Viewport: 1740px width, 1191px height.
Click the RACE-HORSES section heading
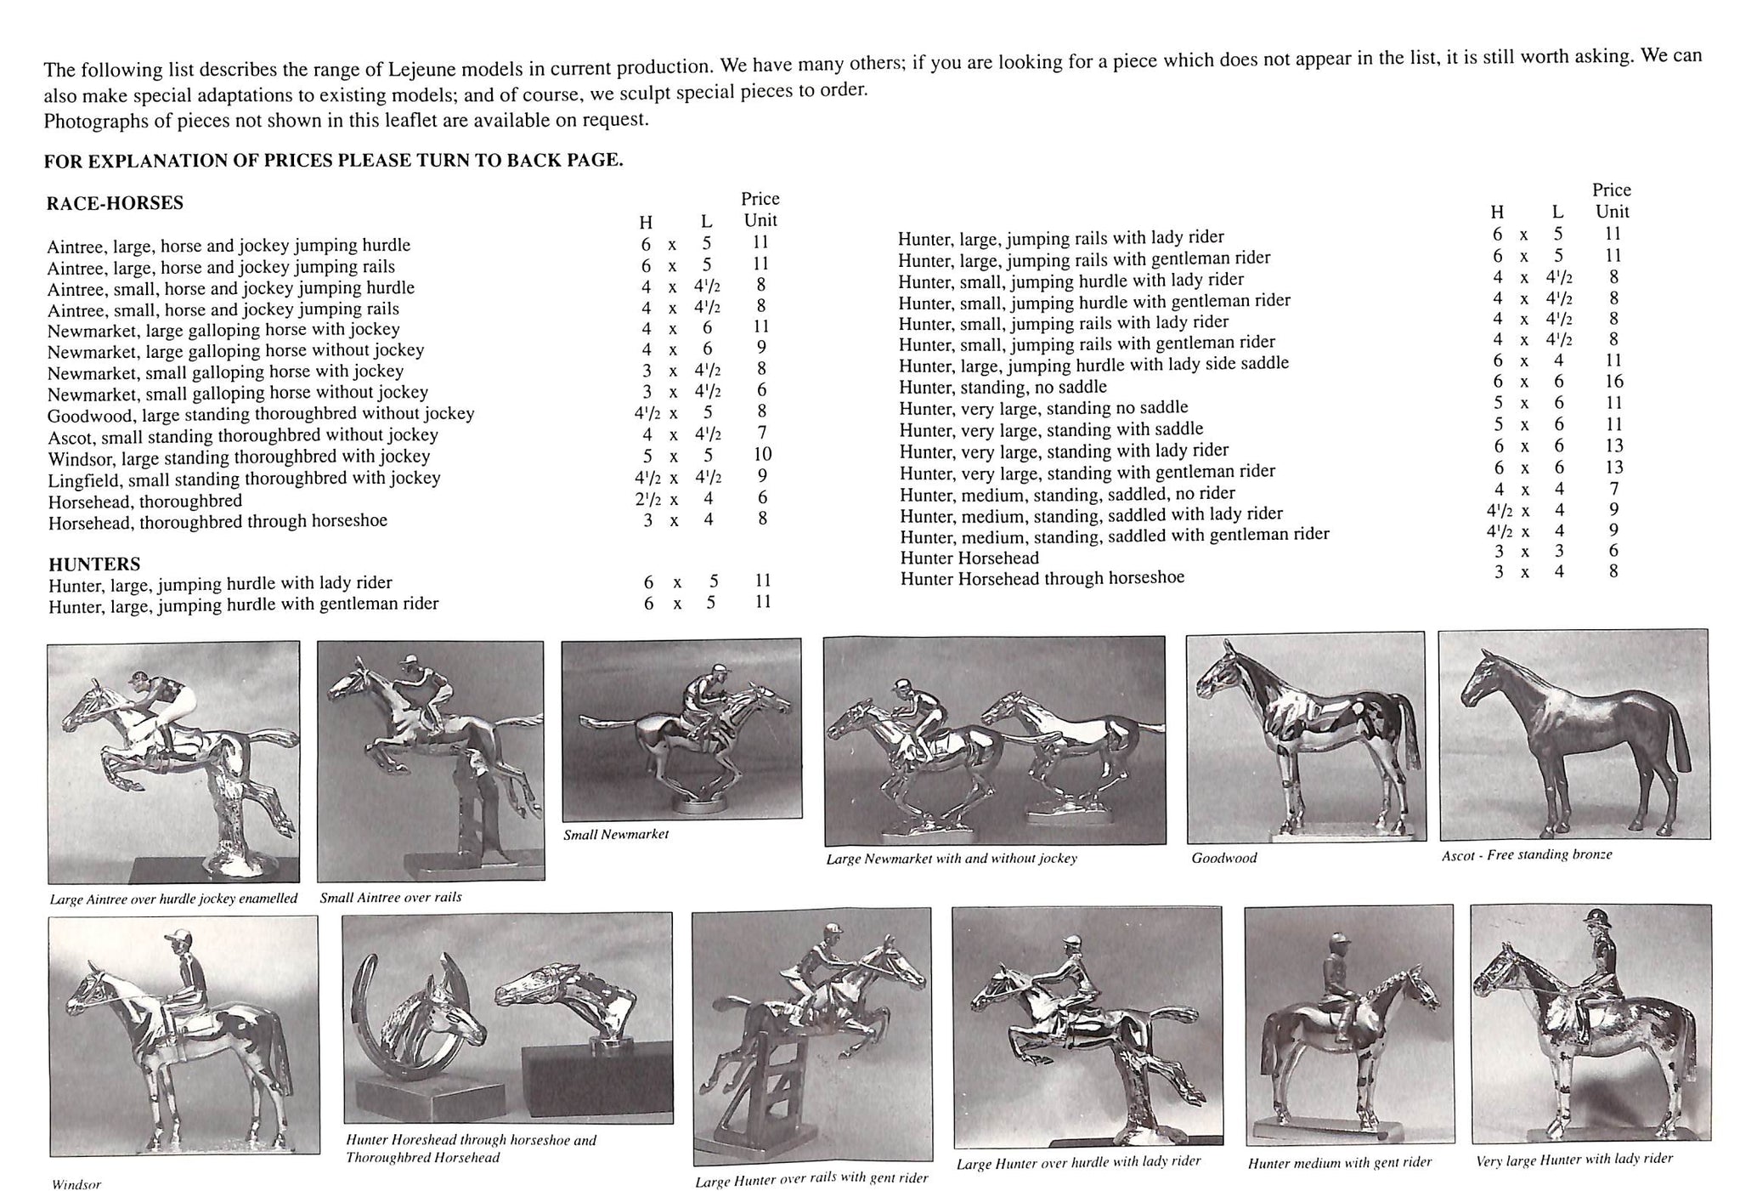115,203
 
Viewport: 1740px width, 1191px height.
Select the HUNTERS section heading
94,564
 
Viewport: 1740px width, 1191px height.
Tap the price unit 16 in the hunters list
1614,382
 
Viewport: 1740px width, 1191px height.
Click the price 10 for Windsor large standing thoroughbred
762,455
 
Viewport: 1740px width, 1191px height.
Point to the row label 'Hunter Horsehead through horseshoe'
1042,578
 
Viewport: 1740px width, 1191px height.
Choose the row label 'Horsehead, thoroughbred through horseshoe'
217,521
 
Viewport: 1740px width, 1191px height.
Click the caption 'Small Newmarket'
616,835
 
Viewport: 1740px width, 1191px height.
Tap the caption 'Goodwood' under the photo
1223,858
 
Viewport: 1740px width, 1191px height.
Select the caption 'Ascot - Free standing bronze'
1526,855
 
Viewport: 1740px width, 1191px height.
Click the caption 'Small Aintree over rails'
391,898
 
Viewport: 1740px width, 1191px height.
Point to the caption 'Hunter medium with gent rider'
1340,1162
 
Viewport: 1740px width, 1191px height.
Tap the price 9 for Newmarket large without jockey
761,348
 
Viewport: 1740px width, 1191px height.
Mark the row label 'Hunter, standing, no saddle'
1003,388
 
